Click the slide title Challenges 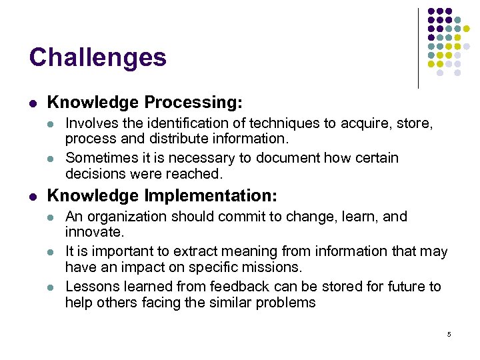point(97,57)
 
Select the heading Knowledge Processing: point(145,103)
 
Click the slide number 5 point(449,334)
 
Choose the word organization point(127,217)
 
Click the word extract point(195,251)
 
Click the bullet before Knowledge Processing point(33,103)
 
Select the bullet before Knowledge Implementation point(33,197)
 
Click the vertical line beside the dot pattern point(418,48)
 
